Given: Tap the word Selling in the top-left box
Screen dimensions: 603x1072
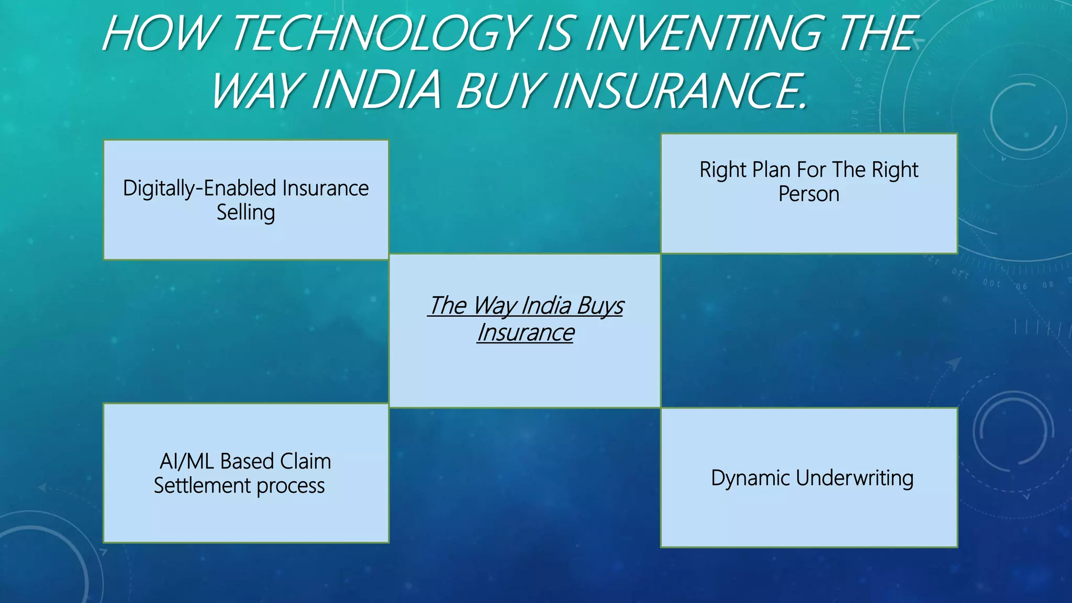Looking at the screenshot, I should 245,213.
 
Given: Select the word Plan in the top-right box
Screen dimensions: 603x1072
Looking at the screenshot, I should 770,170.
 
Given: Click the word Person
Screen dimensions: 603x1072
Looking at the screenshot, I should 809,194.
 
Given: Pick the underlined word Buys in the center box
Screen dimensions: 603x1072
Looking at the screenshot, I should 601,306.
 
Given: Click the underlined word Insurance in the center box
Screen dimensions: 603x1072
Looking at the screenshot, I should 526,333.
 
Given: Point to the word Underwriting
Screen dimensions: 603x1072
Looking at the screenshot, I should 855,478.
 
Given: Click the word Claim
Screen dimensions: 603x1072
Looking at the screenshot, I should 305,462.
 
